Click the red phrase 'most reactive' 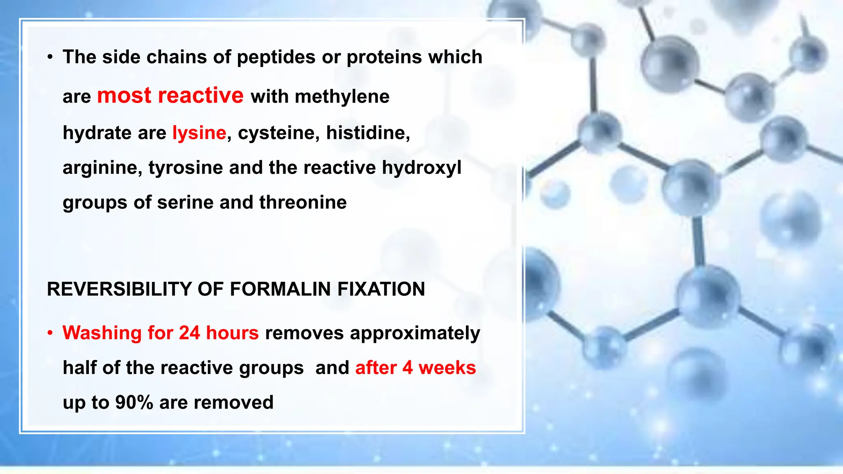pyautogui.click(x=170, y=95)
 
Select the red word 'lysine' pyautogui.click(x=199, y=133)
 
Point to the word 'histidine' pyautogui.click(x=368, y=133)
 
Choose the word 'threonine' pyautogui.click(x=303, y=202)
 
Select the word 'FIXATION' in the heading pyautogui.click(x=381, y=289)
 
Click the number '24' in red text pyautogui.click(x=189, y=333)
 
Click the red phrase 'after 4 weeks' pyautogui.click(x=415, y=367)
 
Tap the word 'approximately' pyautogui.click(x=415, y=333)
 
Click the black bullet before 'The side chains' pyautogui.click(x=50, y=57)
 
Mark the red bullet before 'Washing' pyautogui.click(x=50, y=333)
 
